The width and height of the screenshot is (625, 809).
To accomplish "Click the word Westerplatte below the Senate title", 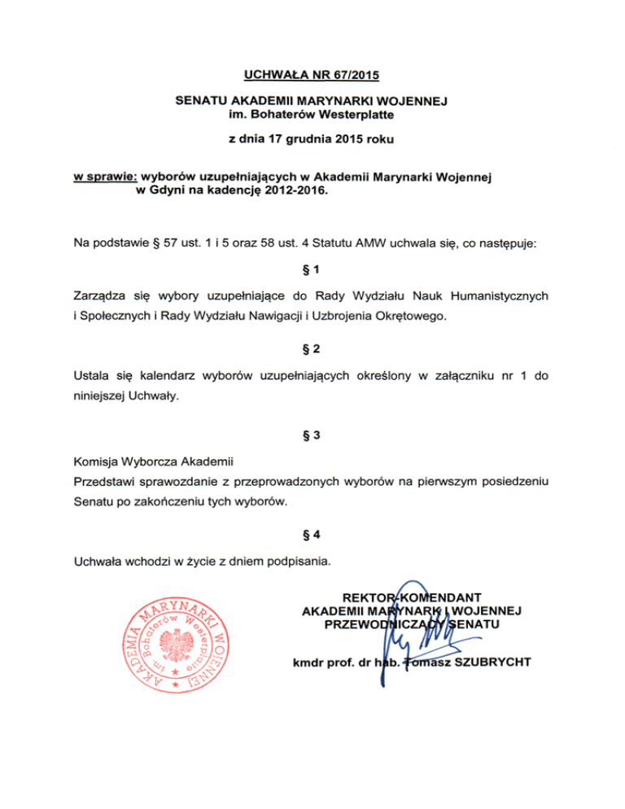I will [x=356, y=115].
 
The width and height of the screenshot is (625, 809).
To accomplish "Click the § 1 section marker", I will [x=312, y=269].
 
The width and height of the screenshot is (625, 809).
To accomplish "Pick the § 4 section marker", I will [x=312, y=535].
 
